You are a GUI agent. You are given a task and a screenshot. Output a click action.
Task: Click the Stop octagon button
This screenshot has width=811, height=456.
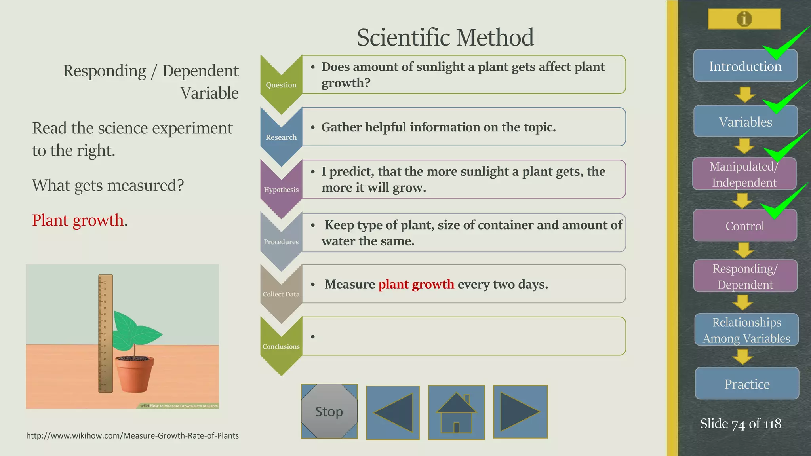coord(329,411)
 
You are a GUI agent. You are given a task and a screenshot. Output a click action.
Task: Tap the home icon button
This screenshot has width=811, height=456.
coord(456,412)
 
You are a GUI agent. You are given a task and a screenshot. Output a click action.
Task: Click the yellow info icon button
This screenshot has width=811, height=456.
coord(744,19)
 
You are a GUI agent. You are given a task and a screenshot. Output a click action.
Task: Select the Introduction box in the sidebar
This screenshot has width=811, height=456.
coord(745,66)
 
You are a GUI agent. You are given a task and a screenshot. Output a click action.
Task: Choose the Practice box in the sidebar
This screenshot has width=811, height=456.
coord(747,384)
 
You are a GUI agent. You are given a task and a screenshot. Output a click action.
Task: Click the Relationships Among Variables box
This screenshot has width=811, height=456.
coord(746,330)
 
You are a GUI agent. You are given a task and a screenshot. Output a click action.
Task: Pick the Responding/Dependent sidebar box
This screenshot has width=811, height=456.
coord(745,276)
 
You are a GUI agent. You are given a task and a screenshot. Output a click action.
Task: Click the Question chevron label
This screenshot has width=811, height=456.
coord(281,85)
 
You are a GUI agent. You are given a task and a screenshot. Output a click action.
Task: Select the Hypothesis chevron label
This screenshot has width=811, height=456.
coord(281,189)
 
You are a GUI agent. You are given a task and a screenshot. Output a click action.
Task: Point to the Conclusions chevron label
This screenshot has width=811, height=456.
coord(281,346)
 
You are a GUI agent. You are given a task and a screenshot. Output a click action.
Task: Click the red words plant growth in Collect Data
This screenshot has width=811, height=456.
coord(416,284)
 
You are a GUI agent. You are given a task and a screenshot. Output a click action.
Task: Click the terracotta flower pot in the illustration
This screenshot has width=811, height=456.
coord(134,374)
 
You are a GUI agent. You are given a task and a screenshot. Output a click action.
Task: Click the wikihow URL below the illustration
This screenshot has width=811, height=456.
coord(132,435)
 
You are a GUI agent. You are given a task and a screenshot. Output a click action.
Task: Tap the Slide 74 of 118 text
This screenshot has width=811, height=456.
coord(740,424)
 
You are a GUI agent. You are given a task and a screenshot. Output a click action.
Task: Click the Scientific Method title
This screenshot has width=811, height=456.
coord(445,37)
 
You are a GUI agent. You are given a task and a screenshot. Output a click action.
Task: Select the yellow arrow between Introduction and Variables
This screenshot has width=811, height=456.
coord(745,94)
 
